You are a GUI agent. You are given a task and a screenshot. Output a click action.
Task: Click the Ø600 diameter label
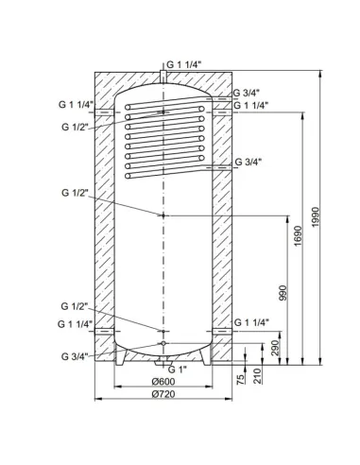pyautogui.click(x=164, y=381)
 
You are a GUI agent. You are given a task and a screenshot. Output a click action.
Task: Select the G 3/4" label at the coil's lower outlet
pyautogui.click(x=247, y=162)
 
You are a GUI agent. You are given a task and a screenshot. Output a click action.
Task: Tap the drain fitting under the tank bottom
pyautogui.click(x=164, y=362)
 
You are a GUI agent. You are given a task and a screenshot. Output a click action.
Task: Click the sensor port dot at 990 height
pyautogui.click(x=164, y=215)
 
